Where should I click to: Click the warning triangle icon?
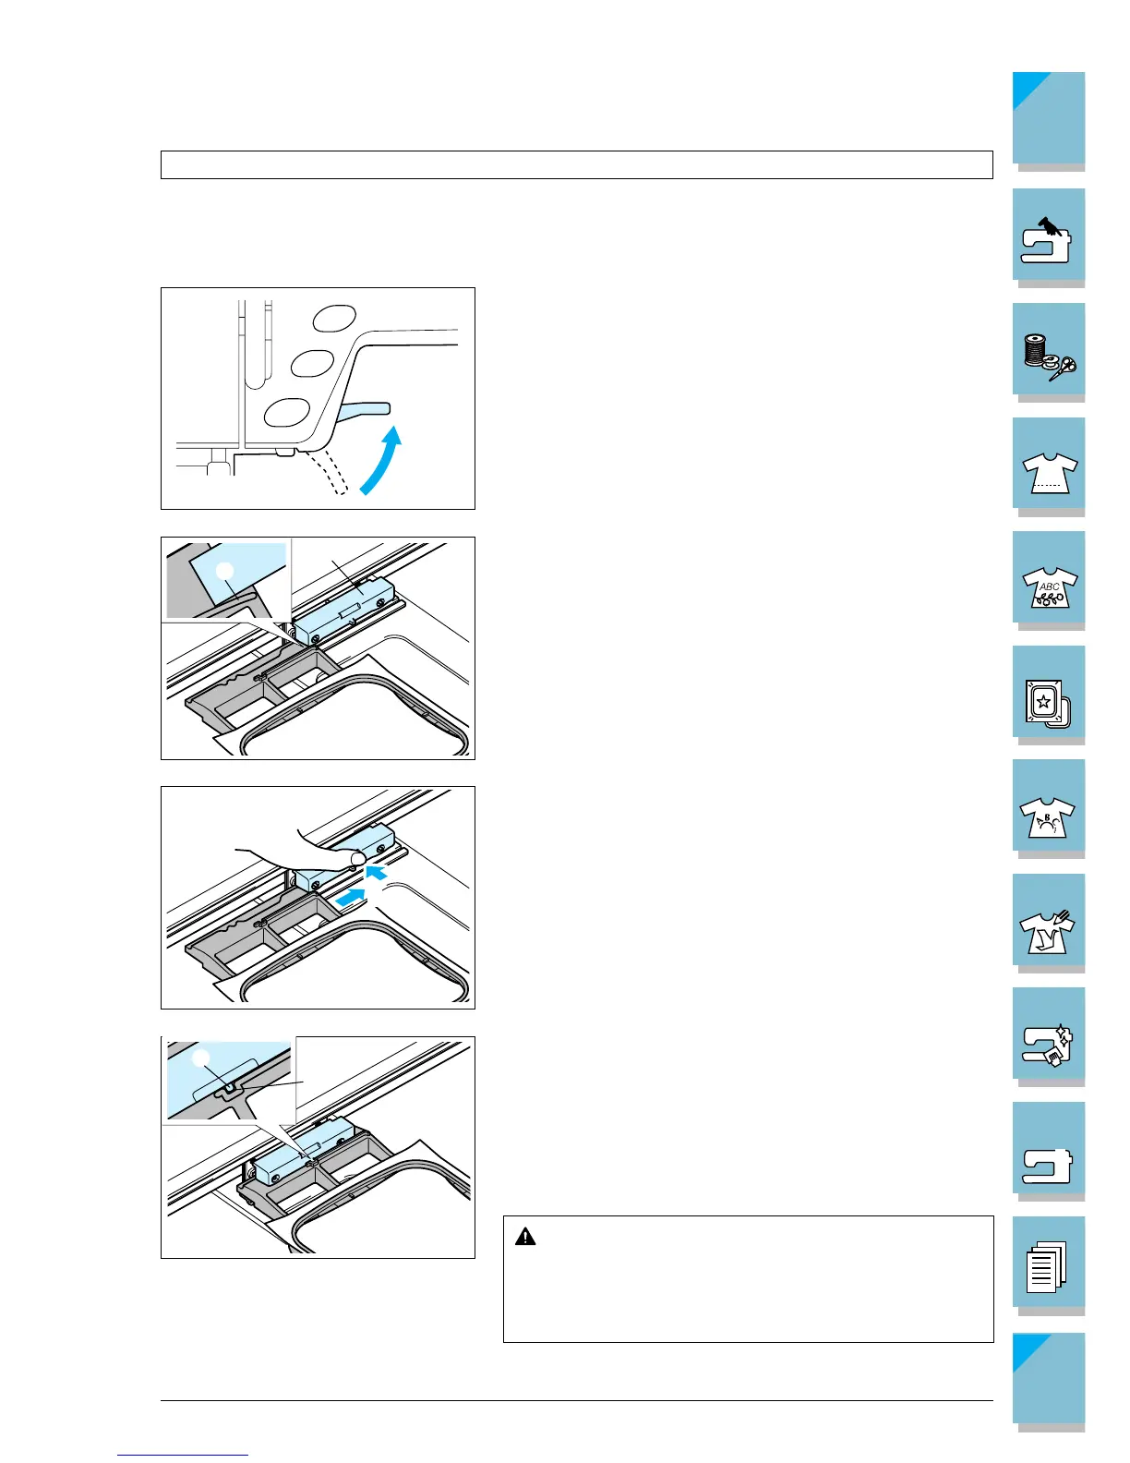click(x=525, y=1236)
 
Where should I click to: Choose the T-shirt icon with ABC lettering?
click(x=1050, y=586)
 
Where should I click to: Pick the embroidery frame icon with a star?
click(x=1048, y=704)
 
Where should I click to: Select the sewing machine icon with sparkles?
click(x=1048, y=1045)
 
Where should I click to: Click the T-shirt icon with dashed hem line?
click(x=1050, y=473)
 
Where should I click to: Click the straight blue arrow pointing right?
click(x=350, y=897)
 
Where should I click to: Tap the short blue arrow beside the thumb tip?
click(x=377, y=873)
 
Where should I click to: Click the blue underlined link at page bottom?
click(x=183, y=1455)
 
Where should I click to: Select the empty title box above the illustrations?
click(x=577, y=165)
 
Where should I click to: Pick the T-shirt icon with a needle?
click(x=1047, y=932)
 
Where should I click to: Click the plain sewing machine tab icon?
click(x=1047, y=1166)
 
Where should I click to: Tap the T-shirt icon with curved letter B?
click(x=1047, y=816)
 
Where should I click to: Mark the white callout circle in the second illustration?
click(x=224, y=572)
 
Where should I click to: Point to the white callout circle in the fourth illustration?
click(x=201, y=1058)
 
